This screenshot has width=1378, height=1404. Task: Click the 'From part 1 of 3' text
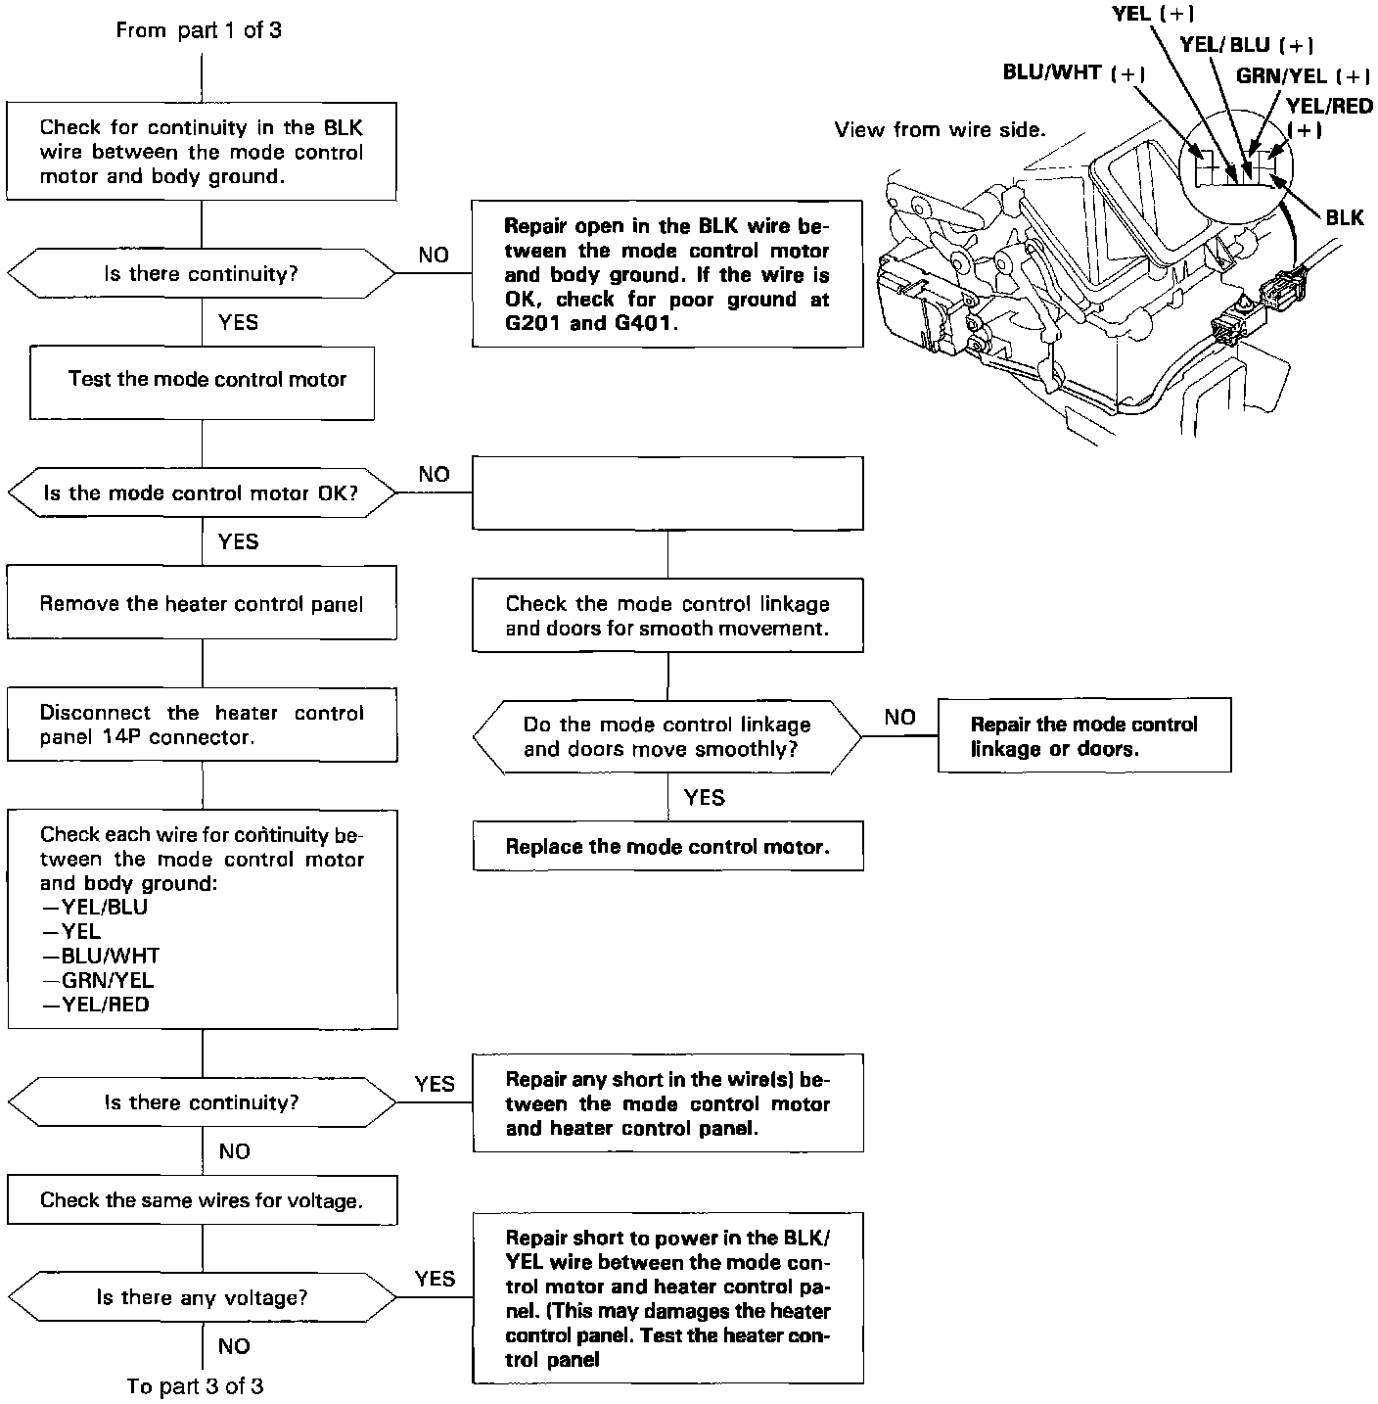pyautogui.click(x=199, y=30)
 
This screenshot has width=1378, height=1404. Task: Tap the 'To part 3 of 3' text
pyautogui.click(x=196, y=1386)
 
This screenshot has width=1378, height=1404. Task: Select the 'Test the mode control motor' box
pyautogui.click(x=203, y=381)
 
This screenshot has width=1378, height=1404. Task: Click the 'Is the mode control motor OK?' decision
pyautogui.click(x=202, y=492)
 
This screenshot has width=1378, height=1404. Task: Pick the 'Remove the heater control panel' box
pyautogui.click(x=202, y=603)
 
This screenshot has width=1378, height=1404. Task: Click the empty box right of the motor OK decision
pyautogui.click(x=667, y=492)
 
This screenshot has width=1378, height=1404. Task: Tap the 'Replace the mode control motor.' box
pyautogui.click(x=667, y=847)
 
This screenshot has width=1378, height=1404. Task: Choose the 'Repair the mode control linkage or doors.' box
pyautogui.click(x=1083, y=736)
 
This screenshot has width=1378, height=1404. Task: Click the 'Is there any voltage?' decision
pyautogui.click(x=202, y=1298)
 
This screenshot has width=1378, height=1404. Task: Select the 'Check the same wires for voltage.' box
pyautogui.click(x=202, y=1200)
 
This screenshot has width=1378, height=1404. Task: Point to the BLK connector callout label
pyautogui.click(x=1344, y=217)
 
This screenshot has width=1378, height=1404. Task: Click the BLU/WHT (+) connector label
pyautogui.click(x=1074, y=73)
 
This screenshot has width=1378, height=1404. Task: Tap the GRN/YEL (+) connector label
pyautogui.click(x=1302, y=76)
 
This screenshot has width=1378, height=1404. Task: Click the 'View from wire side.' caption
pyautogui.click(x=940, y=130)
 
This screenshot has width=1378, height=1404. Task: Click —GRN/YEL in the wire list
pyautogui.click(x=98, y=980)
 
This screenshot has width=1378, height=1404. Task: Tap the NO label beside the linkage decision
pyautogui.click(x=899, y=718)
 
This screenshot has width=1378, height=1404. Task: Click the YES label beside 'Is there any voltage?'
pyautogui.click(x=435, y=1279)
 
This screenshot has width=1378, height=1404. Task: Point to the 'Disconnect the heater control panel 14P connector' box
pyautogui.click(x=202, y=725)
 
